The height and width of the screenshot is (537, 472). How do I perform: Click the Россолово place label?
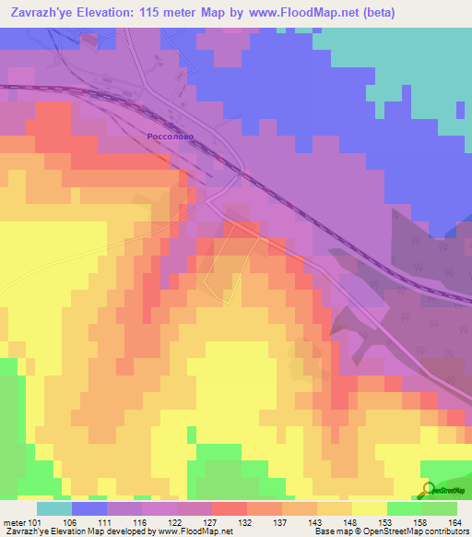tap(171, 136)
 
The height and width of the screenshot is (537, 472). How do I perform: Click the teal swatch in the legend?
tap(53, 508)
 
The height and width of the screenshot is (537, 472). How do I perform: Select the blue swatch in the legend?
tap(88, 508)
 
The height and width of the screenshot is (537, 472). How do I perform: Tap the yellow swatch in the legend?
tap(369, 508)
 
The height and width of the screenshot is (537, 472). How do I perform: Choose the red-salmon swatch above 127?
tap(229, 508)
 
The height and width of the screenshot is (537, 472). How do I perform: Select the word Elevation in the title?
tap(105, 12)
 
